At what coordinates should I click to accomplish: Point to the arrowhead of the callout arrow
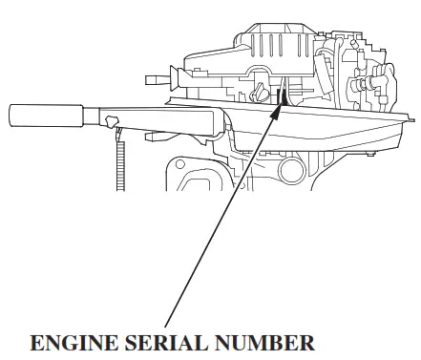coord(280,108)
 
